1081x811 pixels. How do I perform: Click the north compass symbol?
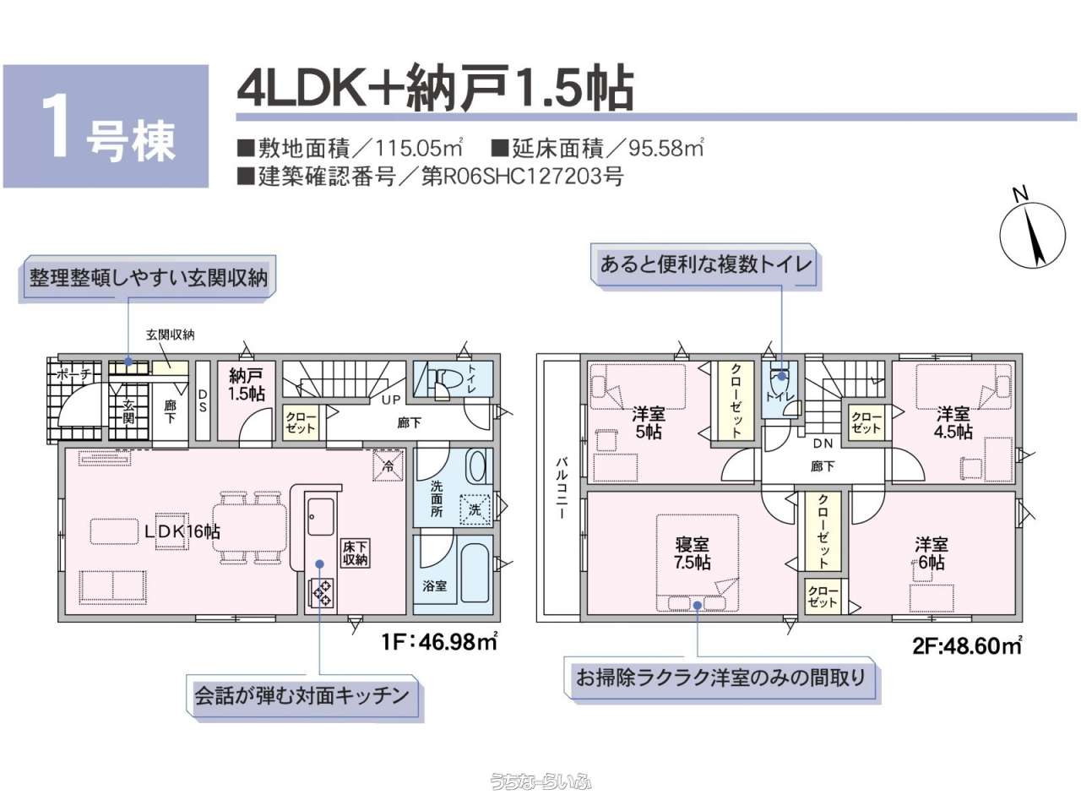(1032, 235)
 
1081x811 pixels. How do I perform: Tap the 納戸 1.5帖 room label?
(247, 384)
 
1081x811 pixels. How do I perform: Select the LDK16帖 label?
(182, 531)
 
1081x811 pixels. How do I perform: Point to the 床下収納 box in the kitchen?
(355, 553)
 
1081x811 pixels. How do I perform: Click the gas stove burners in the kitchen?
(321, 593)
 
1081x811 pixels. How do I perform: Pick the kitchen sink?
(321, 516)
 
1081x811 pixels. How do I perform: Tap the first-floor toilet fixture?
(443, 379)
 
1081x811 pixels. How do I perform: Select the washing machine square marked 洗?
(475, 509)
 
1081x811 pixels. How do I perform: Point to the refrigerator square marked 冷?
(388, 465)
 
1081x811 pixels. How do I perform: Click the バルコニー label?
(561, 487)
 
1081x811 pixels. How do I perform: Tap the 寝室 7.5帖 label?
(692, 553)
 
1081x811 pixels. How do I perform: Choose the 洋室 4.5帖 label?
(953, 422)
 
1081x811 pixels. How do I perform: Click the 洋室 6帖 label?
(932, 553)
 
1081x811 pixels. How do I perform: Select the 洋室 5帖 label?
(648, 422)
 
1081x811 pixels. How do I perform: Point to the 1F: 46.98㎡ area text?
(439, 641)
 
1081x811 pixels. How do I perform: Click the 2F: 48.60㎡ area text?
(967, 645)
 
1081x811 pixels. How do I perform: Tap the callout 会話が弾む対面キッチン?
(302, 696)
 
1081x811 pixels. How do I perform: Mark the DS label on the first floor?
(203, 400)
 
